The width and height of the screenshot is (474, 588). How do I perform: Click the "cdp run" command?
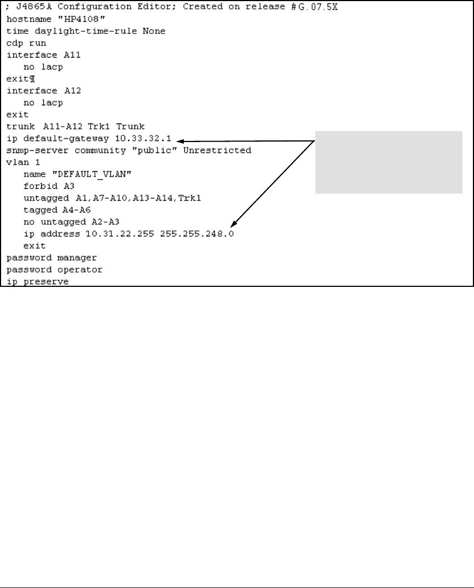(x=26, y=42)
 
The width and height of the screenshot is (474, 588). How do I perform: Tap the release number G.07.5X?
(x=325, y=7)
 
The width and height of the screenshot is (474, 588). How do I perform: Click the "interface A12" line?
(x=39, y=91)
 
